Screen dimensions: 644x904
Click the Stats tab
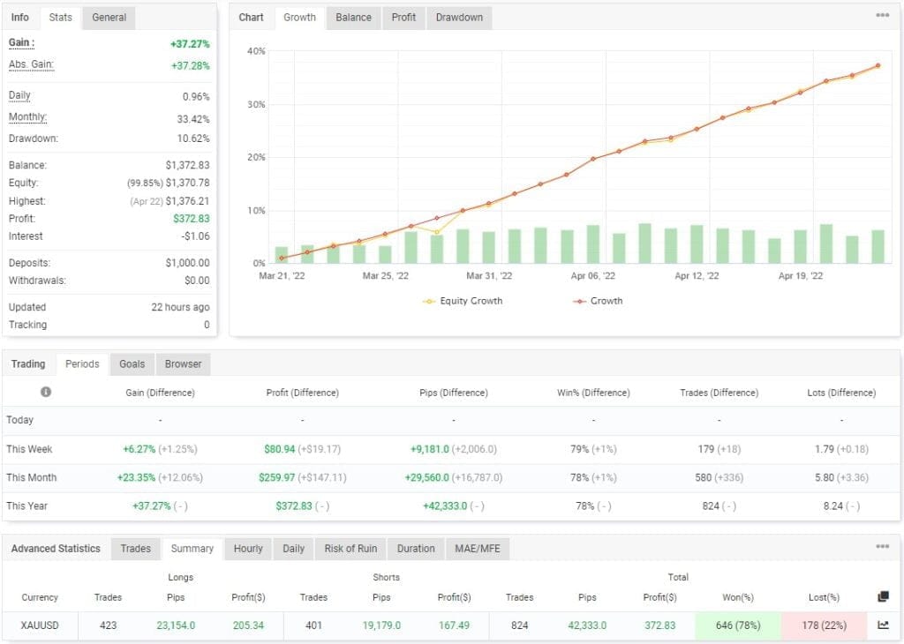point(61,18)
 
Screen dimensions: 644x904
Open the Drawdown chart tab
point(459,18)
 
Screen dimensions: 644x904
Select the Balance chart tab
point(353,18)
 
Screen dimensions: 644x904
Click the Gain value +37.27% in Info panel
point(190,43)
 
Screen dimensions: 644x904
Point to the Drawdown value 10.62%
point(193,139)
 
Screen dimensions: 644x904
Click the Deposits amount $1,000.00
point(187,263)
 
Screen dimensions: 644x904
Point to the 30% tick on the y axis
point(255,105)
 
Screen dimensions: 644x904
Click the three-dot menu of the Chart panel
point(882,16)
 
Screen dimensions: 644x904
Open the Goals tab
point(132,364)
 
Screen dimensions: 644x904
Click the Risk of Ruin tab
point(350,549)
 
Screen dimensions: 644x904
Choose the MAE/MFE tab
point(477,549)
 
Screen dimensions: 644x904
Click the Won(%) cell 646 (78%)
point(738,625)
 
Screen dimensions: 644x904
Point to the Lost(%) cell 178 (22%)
point(824,625)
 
